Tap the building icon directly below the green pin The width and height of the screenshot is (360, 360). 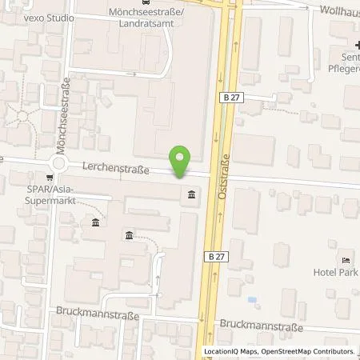point(191,195)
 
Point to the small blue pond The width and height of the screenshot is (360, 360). point(253,300)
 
